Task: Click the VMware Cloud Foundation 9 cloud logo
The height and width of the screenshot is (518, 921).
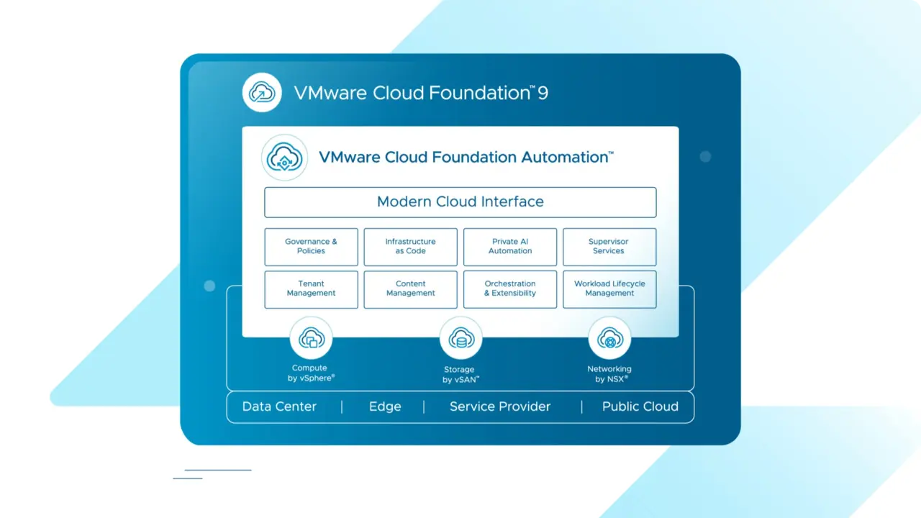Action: coord(262,92)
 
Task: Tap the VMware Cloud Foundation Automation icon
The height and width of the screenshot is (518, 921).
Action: coord(284,158)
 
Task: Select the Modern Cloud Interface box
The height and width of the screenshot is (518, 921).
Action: coord(460,202)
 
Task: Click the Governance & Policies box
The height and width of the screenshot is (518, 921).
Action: coord(311,247)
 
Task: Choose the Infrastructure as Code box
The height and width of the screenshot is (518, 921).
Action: coord(410,247)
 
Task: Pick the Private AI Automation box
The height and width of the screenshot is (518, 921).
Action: coord(510,247)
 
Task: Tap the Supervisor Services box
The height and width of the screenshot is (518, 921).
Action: coord(609,247)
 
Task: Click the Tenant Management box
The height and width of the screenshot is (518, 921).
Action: coord(311,288)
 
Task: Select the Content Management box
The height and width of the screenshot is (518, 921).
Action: coord(410,288)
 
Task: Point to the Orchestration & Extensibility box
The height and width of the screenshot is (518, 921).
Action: coord(510,288)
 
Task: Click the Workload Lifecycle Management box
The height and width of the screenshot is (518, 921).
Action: coord(609,288)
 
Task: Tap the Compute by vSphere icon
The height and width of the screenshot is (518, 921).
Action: coord(311,338)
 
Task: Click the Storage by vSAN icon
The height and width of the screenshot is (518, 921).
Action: coord(460,338)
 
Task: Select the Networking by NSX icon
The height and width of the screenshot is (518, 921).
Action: coord(609,338)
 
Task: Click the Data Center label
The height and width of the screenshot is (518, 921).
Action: coord(279,406)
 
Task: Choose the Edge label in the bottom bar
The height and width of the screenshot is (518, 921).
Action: coord(385,406)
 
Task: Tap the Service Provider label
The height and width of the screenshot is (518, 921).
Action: coord(500,406)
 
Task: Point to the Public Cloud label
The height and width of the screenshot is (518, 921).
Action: coord(640,406)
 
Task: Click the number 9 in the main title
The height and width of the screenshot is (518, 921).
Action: coord(543,93)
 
